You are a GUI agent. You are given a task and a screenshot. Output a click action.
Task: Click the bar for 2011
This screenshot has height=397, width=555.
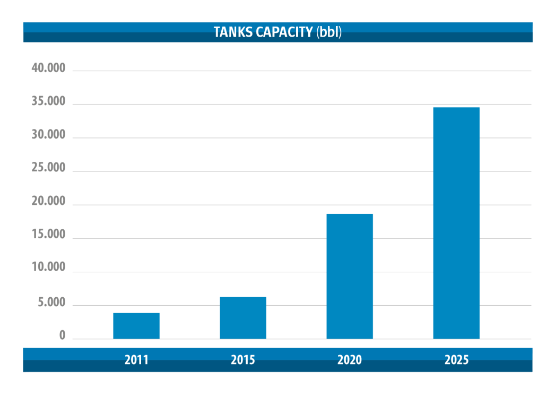pos(136,326)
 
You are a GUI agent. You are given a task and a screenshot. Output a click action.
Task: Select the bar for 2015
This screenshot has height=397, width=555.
pos(243,318)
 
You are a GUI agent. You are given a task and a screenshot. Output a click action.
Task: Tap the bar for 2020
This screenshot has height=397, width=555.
pos(350,276)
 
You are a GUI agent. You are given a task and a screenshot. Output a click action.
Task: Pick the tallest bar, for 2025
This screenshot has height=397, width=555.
pos(456,223)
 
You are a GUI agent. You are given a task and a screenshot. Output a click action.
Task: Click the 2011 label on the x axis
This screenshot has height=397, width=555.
pos(136,360)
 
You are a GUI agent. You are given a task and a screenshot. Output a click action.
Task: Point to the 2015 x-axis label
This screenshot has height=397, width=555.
pos(243,360)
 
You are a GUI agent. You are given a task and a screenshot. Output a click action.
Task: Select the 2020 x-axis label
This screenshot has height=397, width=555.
pos(350,360)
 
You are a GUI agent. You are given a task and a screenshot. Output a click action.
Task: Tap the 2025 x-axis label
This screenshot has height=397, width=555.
pos(456,360)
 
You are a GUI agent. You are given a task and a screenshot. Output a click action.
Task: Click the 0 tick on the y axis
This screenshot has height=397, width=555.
pos(62,336)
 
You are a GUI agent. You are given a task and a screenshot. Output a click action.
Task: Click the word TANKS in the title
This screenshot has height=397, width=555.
pos(231,32)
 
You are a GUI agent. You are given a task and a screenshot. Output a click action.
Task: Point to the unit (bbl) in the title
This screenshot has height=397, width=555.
pos(329,32)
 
